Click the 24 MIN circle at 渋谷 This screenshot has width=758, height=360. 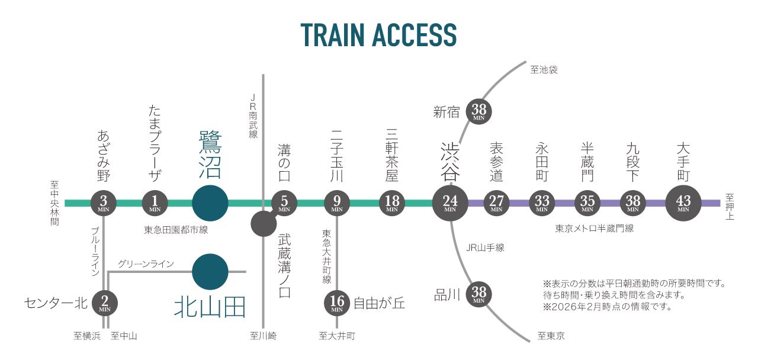[x=450, y=202]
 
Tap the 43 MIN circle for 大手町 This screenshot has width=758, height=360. [x=683, y=202]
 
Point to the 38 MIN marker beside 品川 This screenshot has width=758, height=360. [x=479, y=294]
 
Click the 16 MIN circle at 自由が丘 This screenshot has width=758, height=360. [x=337, y=303]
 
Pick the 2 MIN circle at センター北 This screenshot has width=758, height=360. [x=105, y=303]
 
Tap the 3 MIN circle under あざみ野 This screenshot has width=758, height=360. [x=104, y=203]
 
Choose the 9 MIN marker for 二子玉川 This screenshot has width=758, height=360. [x=337, y=203]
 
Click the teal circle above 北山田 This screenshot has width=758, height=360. [x=210, y=272]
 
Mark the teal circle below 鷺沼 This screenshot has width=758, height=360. [x=210, y=203]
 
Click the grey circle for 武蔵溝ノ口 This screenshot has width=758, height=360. [x=263, y=223]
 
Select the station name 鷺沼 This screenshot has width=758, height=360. [x=210, y=155]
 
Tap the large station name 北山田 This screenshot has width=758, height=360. [x=210, y=307]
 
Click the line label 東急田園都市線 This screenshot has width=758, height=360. [x=176, y=230]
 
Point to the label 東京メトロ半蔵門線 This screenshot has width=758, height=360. [x=594, y=228]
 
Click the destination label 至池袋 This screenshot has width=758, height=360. [x=544, y=70]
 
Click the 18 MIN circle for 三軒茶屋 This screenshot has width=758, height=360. [x=392, y=203]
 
